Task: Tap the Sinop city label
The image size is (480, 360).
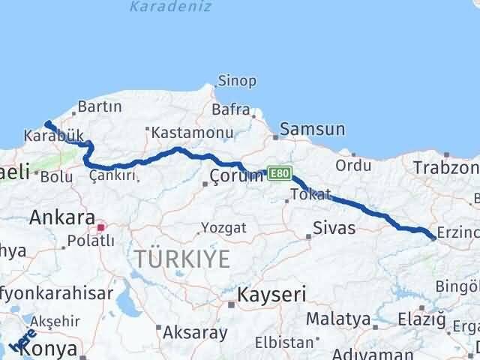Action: point(236,81)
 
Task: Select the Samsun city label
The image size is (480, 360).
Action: point(313,129)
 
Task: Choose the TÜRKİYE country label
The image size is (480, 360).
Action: point(183,259)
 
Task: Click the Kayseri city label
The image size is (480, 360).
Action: point(271,294)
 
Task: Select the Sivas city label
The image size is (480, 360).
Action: point(334,228)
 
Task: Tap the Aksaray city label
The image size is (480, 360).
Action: point(194,331)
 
